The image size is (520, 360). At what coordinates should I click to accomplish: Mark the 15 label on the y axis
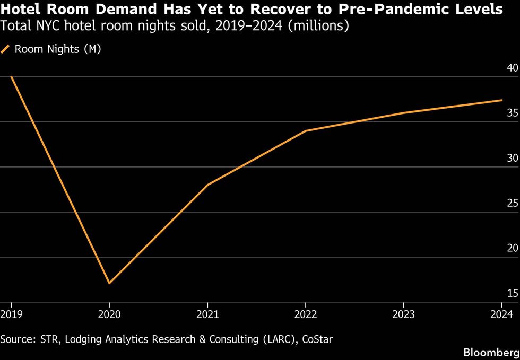(513, 294)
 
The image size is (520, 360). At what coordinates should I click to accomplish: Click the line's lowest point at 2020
(109, 283)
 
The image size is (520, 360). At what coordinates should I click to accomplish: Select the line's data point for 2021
(207, 185)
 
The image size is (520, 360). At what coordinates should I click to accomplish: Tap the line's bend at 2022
(306, 130)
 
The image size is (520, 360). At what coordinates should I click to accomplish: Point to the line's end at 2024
(502, 100)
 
